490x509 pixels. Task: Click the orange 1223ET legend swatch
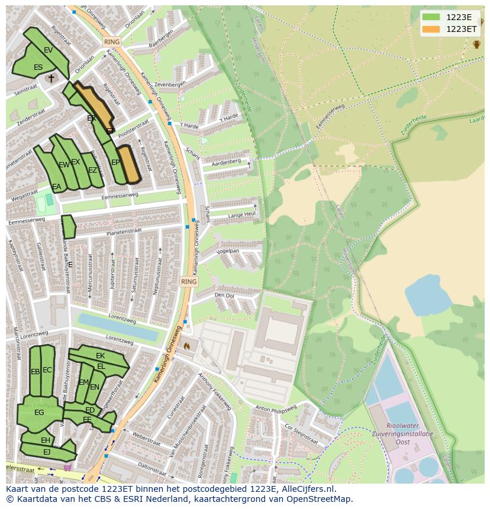431,29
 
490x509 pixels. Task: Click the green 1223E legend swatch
431,17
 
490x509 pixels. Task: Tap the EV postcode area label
49,50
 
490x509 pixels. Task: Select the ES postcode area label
38,67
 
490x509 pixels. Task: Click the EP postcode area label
115,163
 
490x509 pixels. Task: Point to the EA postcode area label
57,187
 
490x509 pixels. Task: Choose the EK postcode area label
100,356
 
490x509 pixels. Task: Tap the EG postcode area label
39,413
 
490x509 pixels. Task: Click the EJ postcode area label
47,452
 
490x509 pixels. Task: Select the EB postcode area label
35,372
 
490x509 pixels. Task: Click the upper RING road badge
111,42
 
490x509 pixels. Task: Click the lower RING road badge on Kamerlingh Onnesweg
189,282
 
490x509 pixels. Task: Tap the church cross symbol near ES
51,78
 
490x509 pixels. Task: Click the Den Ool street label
224,295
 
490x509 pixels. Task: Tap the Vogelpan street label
228,251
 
